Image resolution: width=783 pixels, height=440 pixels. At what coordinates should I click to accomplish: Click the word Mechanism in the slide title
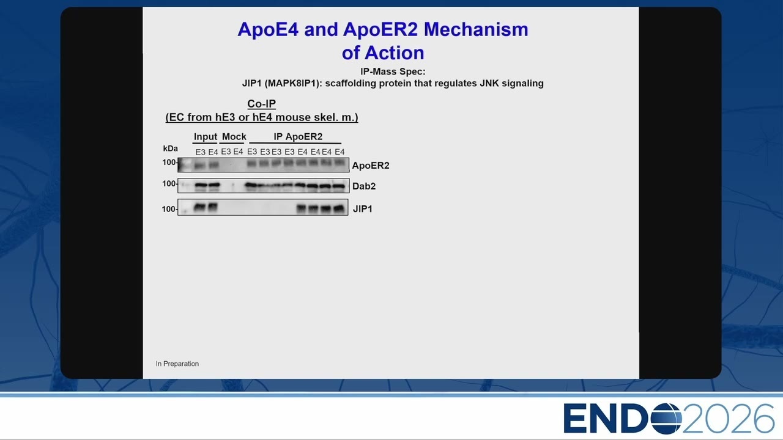pos(476,29)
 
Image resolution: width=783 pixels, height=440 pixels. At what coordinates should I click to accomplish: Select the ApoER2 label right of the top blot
pos(371,166)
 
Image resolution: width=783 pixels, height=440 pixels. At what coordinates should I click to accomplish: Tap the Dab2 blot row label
pos(364,186)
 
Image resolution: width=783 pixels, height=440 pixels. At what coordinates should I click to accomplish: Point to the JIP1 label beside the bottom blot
pos(363,209)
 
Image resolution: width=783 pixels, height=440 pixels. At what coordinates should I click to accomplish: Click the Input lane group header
pos(205,136)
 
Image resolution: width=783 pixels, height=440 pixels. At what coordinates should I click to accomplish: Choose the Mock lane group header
pos(234,136)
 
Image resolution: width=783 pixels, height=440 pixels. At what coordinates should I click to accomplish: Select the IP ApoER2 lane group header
pos(298,136)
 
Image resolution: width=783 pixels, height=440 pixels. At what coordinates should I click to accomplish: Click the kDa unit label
pos(170,148)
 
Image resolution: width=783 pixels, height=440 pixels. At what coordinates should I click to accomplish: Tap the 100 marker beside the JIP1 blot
pos(168,209)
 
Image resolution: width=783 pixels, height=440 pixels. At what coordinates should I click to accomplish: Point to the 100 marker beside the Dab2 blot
pos(169,184)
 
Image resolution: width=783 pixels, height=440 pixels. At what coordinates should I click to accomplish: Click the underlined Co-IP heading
pos(261,104)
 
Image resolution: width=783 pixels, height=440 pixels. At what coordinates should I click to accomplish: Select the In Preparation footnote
pos(177,364)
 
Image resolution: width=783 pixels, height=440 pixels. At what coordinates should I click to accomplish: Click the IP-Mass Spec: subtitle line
pos(393,71)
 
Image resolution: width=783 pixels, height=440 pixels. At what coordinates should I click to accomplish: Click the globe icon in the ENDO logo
pos(666,419)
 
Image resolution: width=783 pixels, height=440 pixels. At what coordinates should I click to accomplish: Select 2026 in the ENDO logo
pos(728,419)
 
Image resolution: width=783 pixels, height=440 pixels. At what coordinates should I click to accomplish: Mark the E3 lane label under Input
pos(200,152)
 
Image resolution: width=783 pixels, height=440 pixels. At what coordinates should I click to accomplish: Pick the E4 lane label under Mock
pos(238,152)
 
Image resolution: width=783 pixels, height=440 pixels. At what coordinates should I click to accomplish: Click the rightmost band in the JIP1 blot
pos(339,208)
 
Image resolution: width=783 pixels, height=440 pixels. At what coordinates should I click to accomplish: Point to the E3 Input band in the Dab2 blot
pos(200,186)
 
